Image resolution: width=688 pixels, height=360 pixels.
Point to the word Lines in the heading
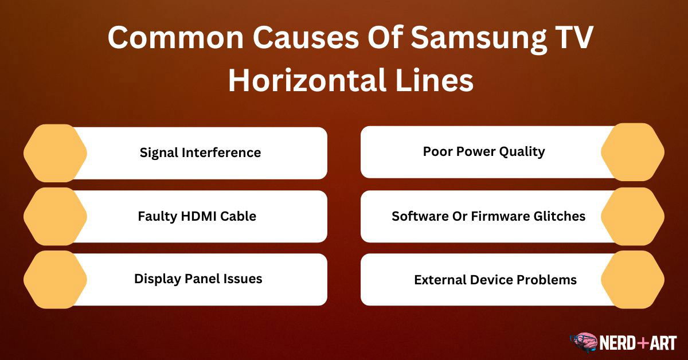(435, 80)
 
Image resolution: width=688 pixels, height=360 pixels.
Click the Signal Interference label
(200, 152)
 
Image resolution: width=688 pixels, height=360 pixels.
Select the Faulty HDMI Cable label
(197, 217)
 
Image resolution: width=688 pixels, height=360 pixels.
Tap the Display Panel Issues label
(198, 279)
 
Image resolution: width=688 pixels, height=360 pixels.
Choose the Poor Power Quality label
(484, 152)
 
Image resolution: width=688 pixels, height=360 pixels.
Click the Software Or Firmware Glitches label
(488, 216)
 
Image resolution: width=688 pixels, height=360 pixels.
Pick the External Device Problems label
(495, 280)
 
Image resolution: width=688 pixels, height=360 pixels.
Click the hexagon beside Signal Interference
(55, 153)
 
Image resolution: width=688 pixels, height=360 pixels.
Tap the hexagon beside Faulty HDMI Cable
(55, 217)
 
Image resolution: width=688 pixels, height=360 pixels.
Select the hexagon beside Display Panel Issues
(55, 280)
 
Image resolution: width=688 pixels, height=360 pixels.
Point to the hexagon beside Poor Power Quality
(633, 152)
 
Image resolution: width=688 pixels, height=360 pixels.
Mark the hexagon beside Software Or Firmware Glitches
(633, 217)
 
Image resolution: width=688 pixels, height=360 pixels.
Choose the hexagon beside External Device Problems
(633, 280)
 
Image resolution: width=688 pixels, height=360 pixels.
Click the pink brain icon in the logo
(584, 342)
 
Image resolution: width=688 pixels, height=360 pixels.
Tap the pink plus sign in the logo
(643, 343)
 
